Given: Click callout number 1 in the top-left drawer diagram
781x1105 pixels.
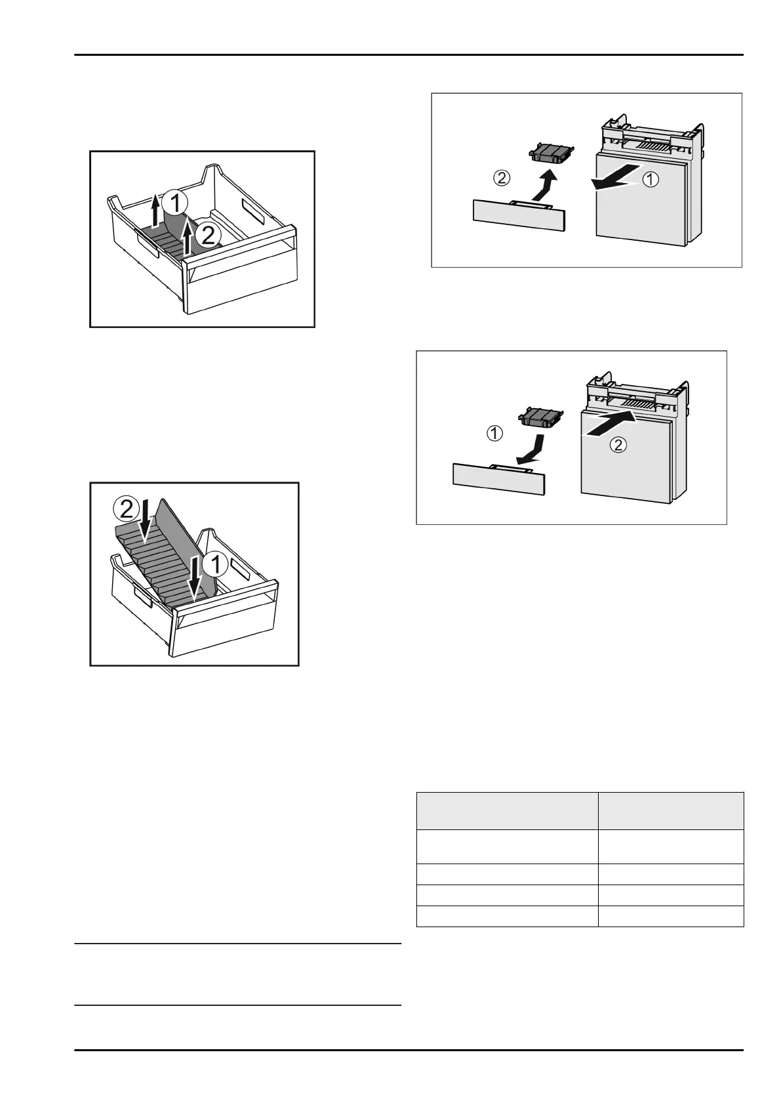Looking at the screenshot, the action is click(x=176, y=203).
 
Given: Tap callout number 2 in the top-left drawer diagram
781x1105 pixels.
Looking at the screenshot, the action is click(x=207, y=236).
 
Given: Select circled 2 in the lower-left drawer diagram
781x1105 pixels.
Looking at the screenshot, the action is click(x=125, y=508).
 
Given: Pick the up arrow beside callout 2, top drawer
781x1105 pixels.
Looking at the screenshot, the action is click(x=189, y=238).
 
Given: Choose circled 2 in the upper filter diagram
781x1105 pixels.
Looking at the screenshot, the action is click(x=500, y=177).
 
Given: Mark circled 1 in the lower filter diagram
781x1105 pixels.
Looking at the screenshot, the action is click(x=494, y=433).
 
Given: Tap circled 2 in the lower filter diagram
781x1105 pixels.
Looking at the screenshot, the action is click(x=618, y=446).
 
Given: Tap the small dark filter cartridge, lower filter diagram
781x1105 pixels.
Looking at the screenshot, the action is click(x=542, y=415).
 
